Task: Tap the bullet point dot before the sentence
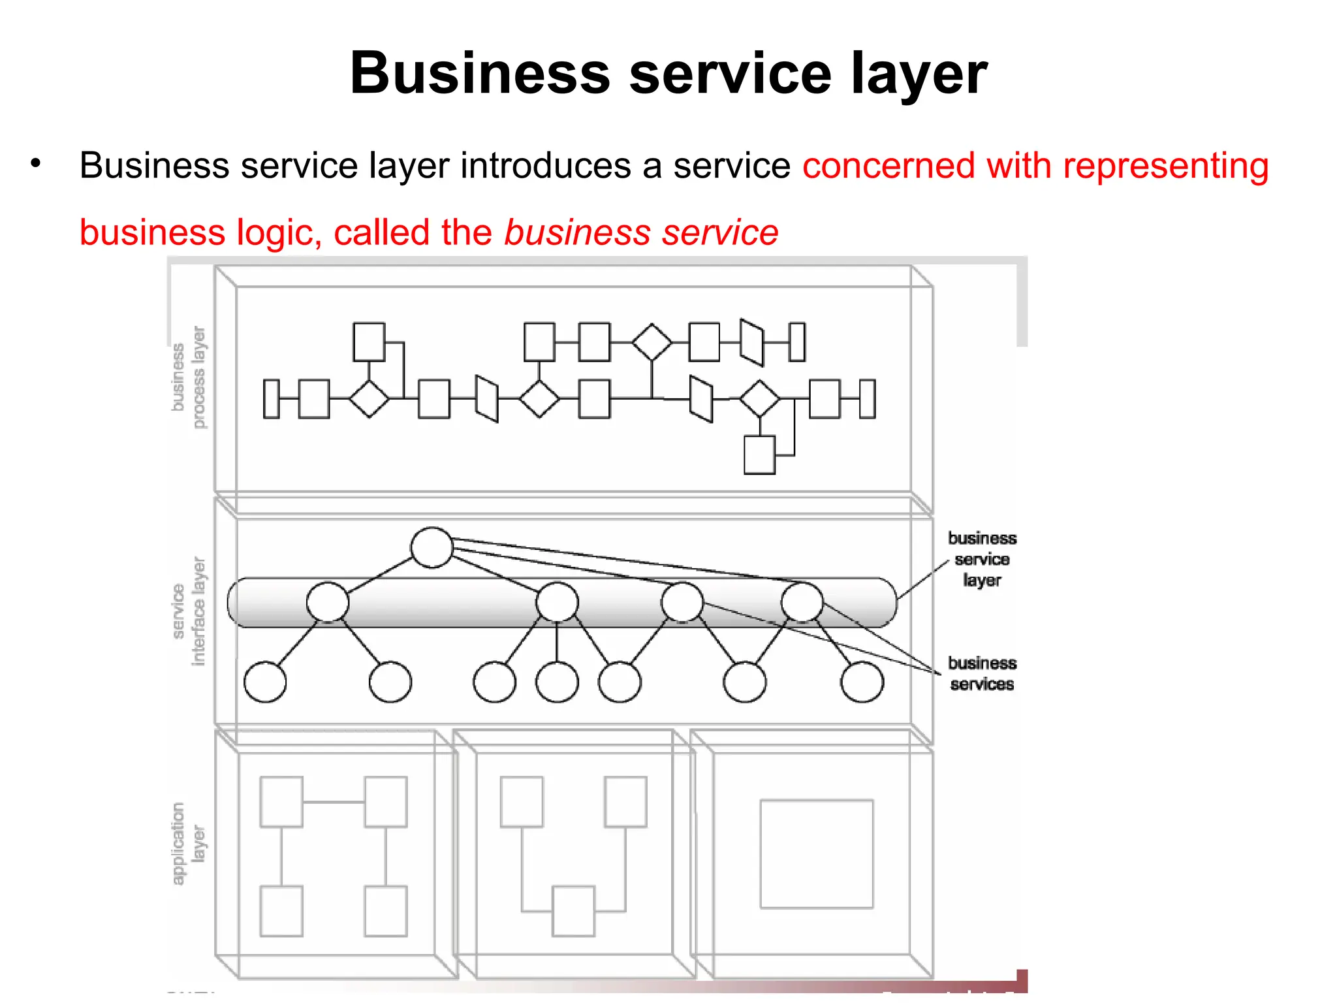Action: (36, 163)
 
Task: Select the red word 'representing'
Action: (1165, 166)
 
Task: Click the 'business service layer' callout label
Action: (982, 559)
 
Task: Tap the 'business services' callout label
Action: (982, 673)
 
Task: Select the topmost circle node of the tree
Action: (432, 547)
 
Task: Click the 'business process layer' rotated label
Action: (189, 378)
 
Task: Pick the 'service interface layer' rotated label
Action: (189, 611)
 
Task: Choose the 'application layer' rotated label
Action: (189, 843)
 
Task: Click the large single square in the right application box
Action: (816, 853)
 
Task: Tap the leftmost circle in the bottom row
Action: (265, 682)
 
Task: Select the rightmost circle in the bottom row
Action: (862, 682)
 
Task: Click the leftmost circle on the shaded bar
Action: (328, 602)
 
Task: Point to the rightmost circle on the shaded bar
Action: (802, 602)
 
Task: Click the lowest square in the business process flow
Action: (759, 454)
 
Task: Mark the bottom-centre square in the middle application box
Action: (573, 911)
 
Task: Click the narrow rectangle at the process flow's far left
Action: (271, 398)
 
